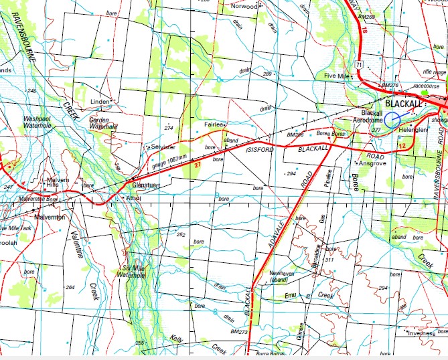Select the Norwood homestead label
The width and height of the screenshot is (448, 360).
tap(244, 6)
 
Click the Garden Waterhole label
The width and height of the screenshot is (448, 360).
tap(103, 122)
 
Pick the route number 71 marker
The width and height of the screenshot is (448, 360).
tap(360, 64)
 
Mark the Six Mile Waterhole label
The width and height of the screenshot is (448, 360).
tap(135, 272)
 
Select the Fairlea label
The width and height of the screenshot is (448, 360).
tap(214, 124)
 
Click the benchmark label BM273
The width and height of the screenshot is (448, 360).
tap(238, 331)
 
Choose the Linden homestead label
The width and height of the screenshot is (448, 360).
tap(99, 102)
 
